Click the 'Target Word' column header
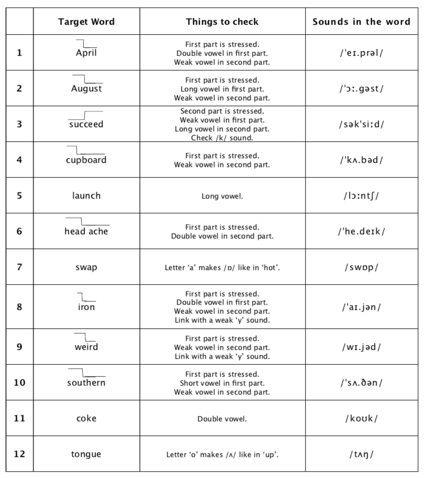86,22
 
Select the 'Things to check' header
222,22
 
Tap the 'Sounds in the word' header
361,22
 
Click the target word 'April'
86,53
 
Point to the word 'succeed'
86,124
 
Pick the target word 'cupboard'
86,160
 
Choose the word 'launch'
86,195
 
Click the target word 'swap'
86,267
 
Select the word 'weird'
86,347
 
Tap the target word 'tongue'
86,454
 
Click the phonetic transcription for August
361,88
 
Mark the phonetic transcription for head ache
361,231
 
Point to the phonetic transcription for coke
361,419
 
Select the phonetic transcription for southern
361,383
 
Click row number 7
19,267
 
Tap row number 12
19,454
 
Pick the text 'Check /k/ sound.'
222,138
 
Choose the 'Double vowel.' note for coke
222,419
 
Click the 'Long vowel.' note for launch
222,196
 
